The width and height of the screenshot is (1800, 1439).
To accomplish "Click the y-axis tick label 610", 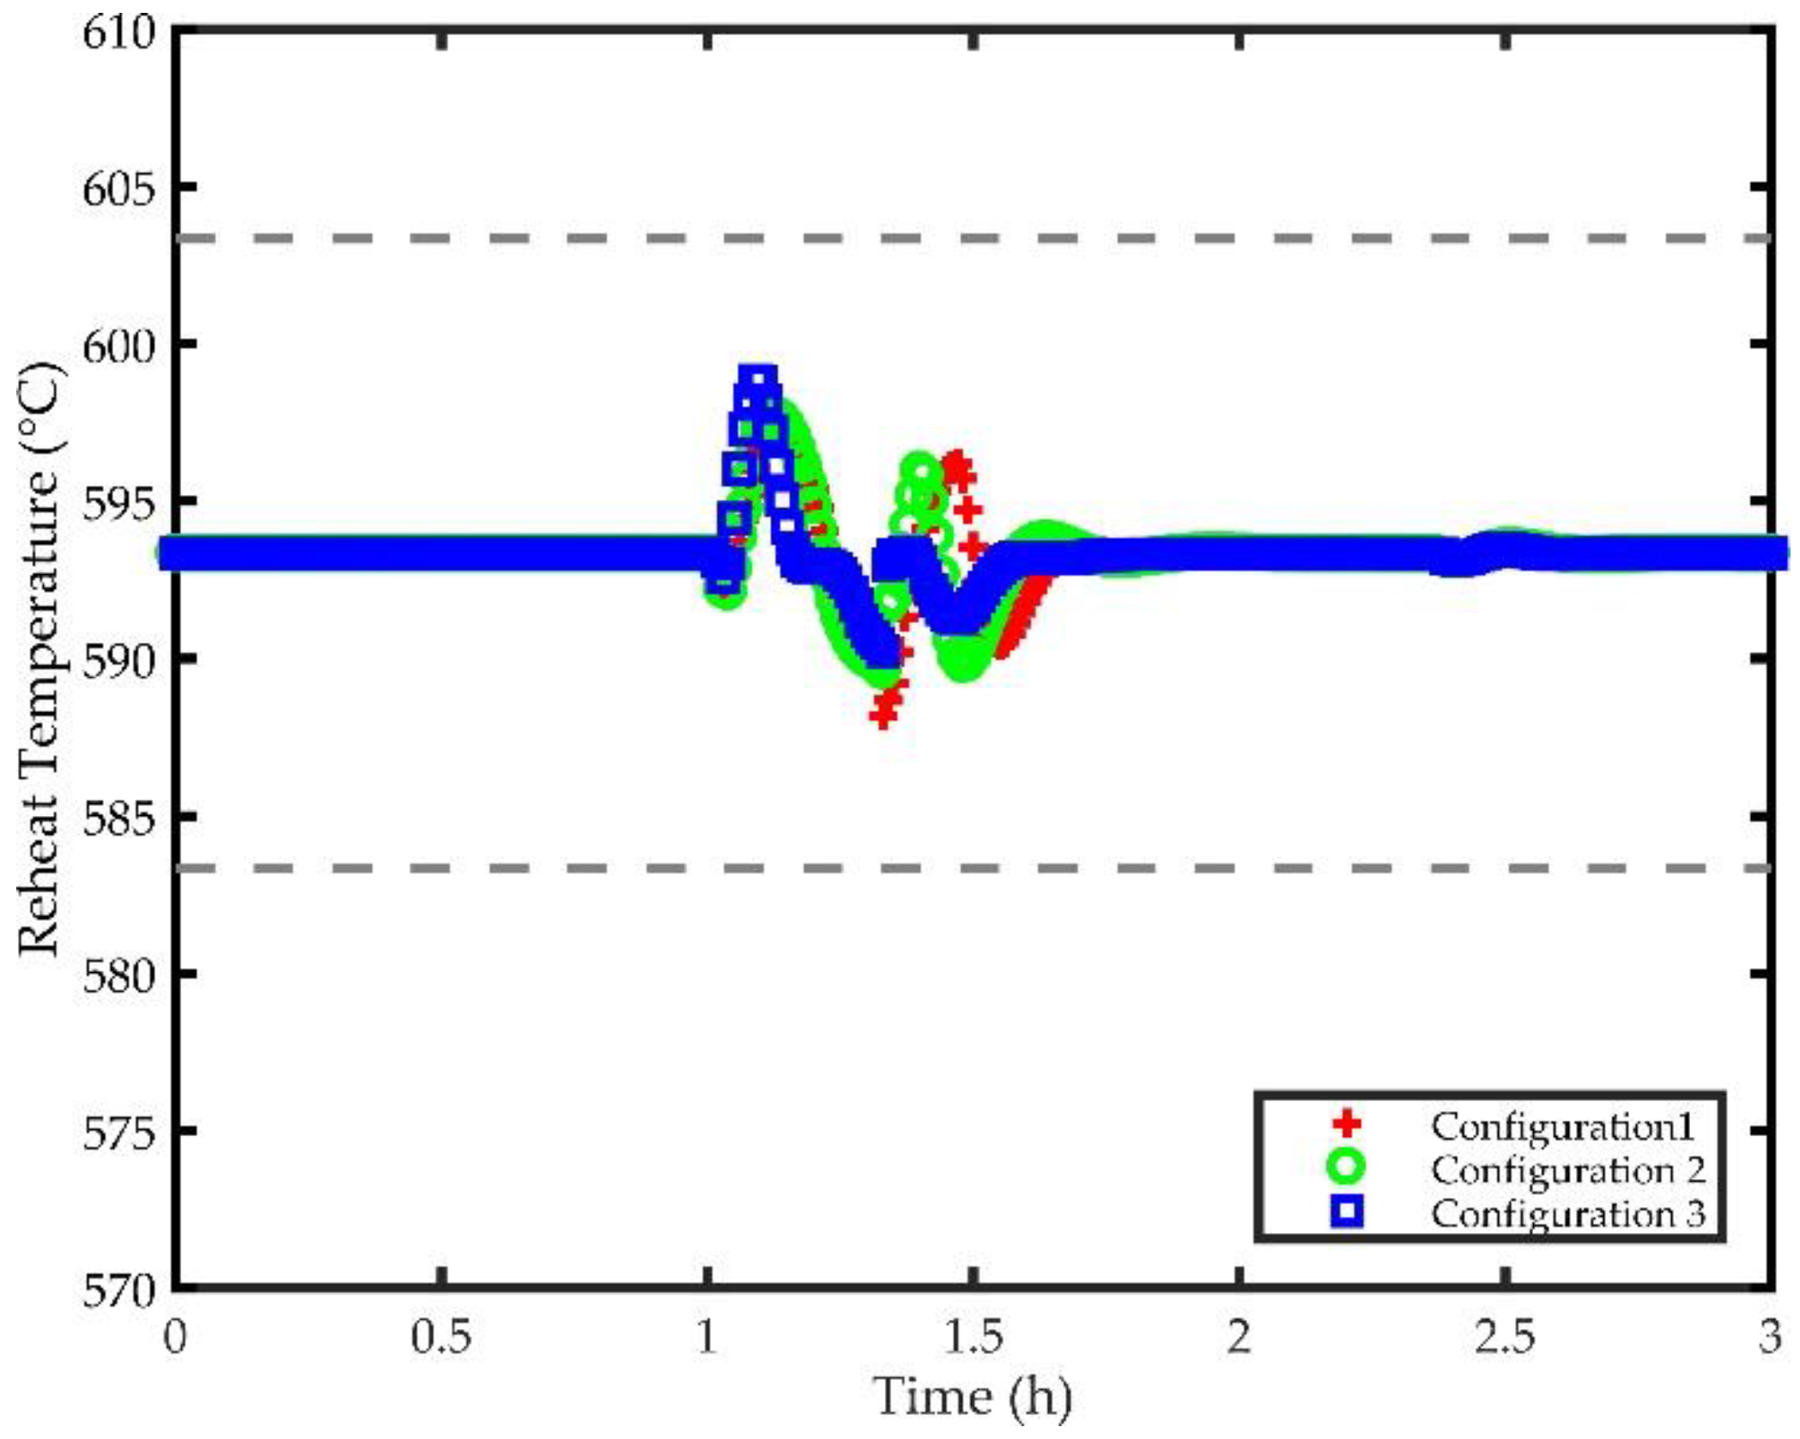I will pyautogui.click(x=118, y=34).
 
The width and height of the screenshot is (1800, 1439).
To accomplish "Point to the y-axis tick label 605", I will pyautogui.click(x=118, y=189).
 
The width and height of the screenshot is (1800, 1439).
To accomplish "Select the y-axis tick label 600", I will pyautogui.click(x=118, y=346).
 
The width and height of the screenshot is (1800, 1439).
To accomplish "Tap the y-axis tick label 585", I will pyautogui.click(x=118, y=819).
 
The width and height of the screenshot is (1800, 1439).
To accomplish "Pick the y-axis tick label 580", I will pyautogui.click(x=118, y=976).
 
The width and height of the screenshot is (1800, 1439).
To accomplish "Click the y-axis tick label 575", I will pyautogui.click(x=118, y=1134).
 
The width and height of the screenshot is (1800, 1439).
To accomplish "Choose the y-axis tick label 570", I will pyautogui.click(x=118, y=1291).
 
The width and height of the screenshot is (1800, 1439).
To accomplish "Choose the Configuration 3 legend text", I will pyautogui.click(x=1567, y=1214).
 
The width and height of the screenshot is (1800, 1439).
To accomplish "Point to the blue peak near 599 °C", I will pyautogui.click(x=758, y=378).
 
